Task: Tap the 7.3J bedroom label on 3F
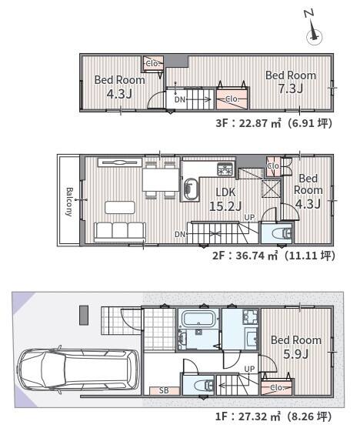tap(291, 82)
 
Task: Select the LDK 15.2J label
tap(225, 199)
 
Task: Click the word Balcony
tap(69, 202)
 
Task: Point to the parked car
tap(78, 369)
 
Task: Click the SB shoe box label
tap(164, 390)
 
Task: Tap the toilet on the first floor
tap(208, 386)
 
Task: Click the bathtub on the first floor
tap(198, 319)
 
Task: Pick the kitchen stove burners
tap(225, 169)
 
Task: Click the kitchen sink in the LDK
tap(190, 189)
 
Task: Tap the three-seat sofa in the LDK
tap(120, 232)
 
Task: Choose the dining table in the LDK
tap(161, 180)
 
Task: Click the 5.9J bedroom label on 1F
tap(296, 347)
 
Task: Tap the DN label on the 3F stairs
tap(180, 99)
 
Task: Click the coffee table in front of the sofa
tap(120, 207)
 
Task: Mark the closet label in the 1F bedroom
tap(277, 387)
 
